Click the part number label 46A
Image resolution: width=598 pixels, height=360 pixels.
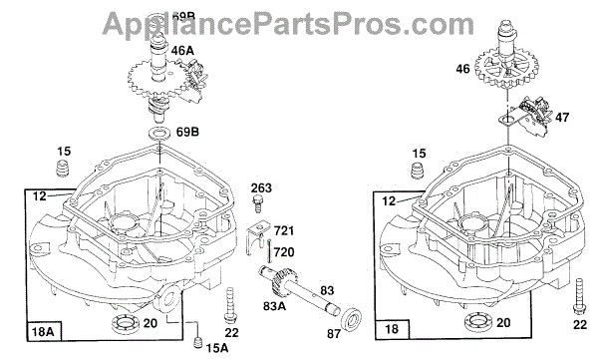[182, 51]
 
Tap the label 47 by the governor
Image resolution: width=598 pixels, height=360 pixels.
[562, 117]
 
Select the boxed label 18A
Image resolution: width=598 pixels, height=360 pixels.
[43, 331]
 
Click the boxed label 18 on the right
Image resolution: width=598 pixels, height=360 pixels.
[392, 329]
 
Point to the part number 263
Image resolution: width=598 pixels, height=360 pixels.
[261, 187]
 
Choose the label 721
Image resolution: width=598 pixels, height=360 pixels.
[284, 230]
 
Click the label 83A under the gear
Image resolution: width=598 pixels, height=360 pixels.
[275, 306]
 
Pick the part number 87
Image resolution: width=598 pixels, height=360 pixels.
[334, 334]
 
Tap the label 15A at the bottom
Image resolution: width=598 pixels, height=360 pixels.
[217, 347]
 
